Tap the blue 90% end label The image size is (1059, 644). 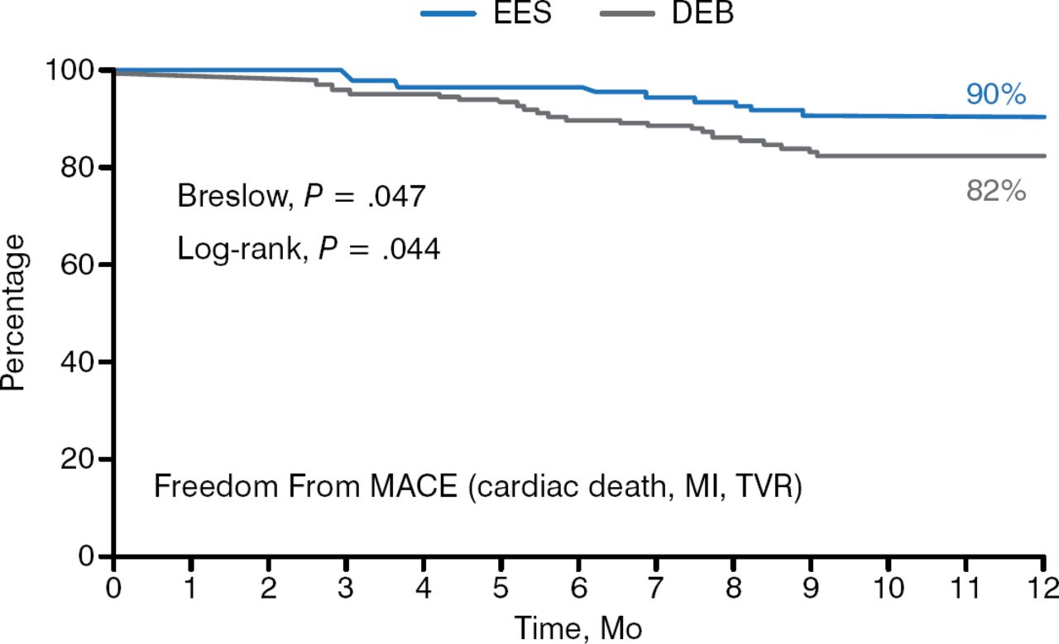click(x=996, y=95)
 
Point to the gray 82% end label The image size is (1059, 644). click(x=996, y=192)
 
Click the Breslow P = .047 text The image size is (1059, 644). click(x=301, y=198)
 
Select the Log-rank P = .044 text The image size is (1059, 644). click(x=309, y=248)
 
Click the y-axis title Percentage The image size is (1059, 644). click(x=14, y=312)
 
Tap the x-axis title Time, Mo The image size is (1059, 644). click(x=578, y=627)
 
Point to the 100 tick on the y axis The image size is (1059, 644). click(x=79, y=70)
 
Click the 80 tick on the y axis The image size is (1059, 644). click(x=86, y=167)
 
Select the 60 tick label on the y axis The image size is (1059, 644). click(x=86, y=265)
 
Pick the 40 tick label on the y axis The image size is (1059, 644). click(x=86, y=362)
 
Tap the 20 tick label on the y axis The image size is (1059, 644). click(x=86, y=459)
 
